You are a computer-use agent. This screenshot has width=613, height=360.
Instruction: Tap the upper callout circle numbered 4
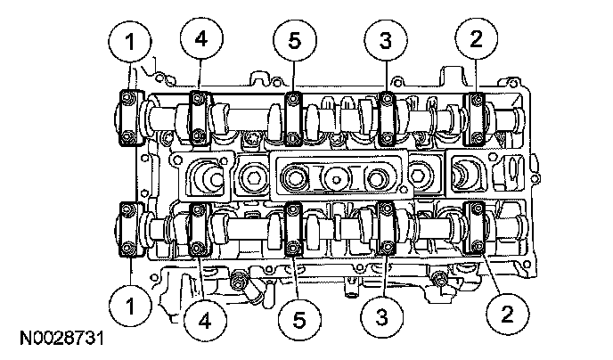coord(200,38)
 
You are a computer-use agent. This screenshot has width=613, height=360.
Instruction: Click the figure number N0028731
coord(61,340)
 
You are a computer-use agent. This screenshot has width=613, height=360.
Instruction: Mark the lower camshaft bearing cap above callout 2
coord(477,230)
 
